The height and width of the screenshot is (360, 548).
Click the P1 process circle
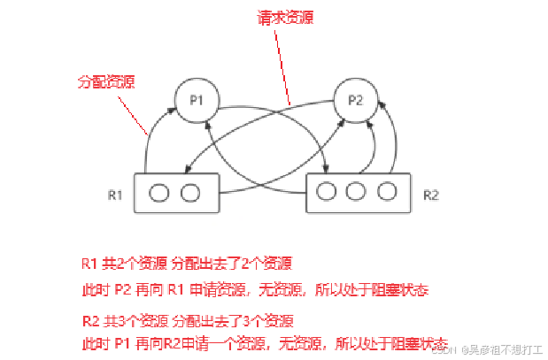pyautogui.click(x=196, y=99)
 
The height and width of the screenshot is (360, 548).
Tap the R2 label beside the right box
pyautogui.click(x=431, y=192)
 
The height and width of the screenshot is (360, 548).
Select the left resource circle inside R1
pyautogui.click(x=159, y=193)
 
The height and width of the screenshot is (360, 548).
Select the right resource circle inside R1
pyautogui.click(x=189, y=193)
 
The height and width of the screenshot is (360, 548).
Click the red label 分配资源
pyautogui.click(x=100, y=81)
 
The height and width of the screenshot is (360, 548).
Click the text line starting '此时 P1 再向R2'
pyautogui.click(x=263, y=342)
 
